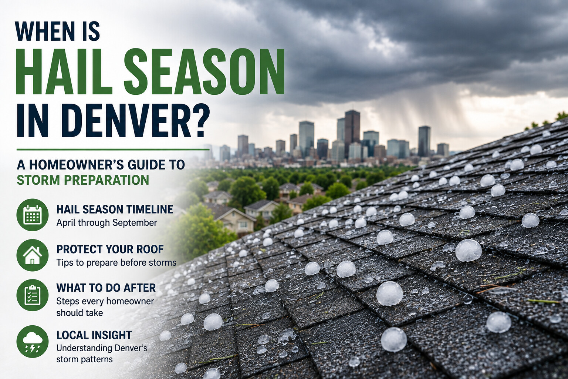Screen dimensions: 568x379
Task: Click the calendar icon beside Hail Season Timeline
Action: [33, 215]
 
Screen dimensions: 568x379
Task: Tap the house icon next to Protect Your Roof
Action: [33, 255]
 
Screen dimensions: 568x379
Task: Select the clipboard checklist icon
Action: [33, 295]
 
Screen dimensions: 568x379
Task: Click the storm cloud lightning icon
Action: [33, 342]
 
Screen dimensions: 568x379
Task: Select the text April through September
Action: [107, 223]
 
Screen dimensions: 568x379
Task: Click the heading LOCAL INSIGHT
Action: [94, 335]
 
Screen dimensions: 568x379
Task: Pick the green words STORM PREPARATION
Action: [83, 180]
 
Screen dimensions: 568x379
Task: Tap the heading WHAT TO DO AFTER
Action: [106, 288]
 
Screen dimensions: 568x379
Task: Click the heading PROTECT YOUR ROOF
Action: [110, 249]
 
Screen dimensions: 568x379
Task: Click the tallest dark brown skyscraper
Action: [352, 134]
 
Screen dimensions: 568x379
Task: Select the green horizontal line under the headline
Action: [113, 150]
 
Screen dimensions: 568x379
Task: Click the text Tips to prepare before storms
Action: [116, 262]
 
